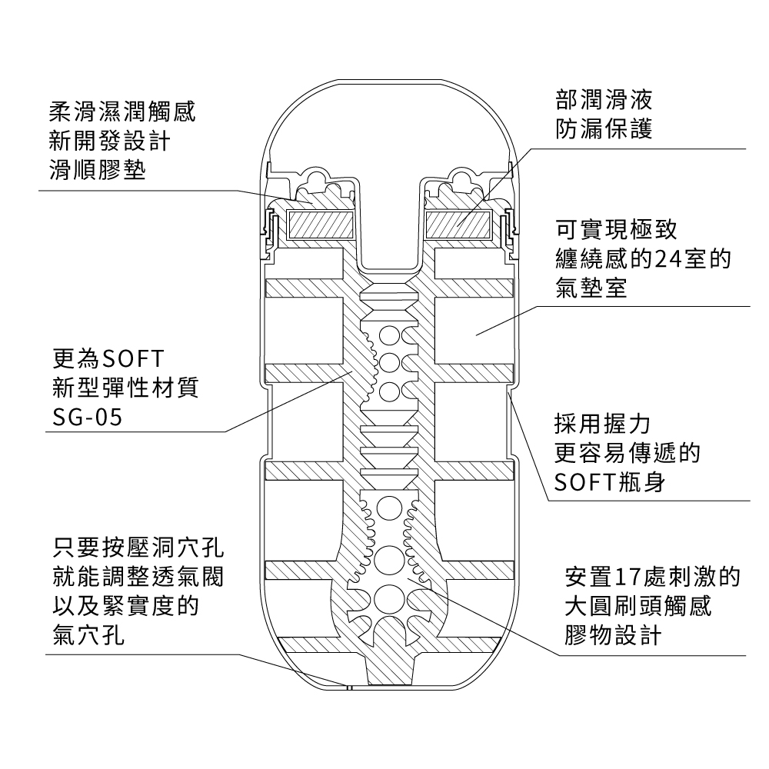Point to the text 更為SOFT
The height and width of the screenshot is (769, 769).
pos(106,358)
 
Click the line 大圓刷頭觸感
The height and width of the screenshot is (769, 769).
pos(638,606)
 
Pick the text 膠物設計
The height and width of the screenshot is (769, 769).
pos(611,635)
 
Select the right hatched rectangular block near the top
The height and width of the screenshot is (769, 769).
pos(459,225)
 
